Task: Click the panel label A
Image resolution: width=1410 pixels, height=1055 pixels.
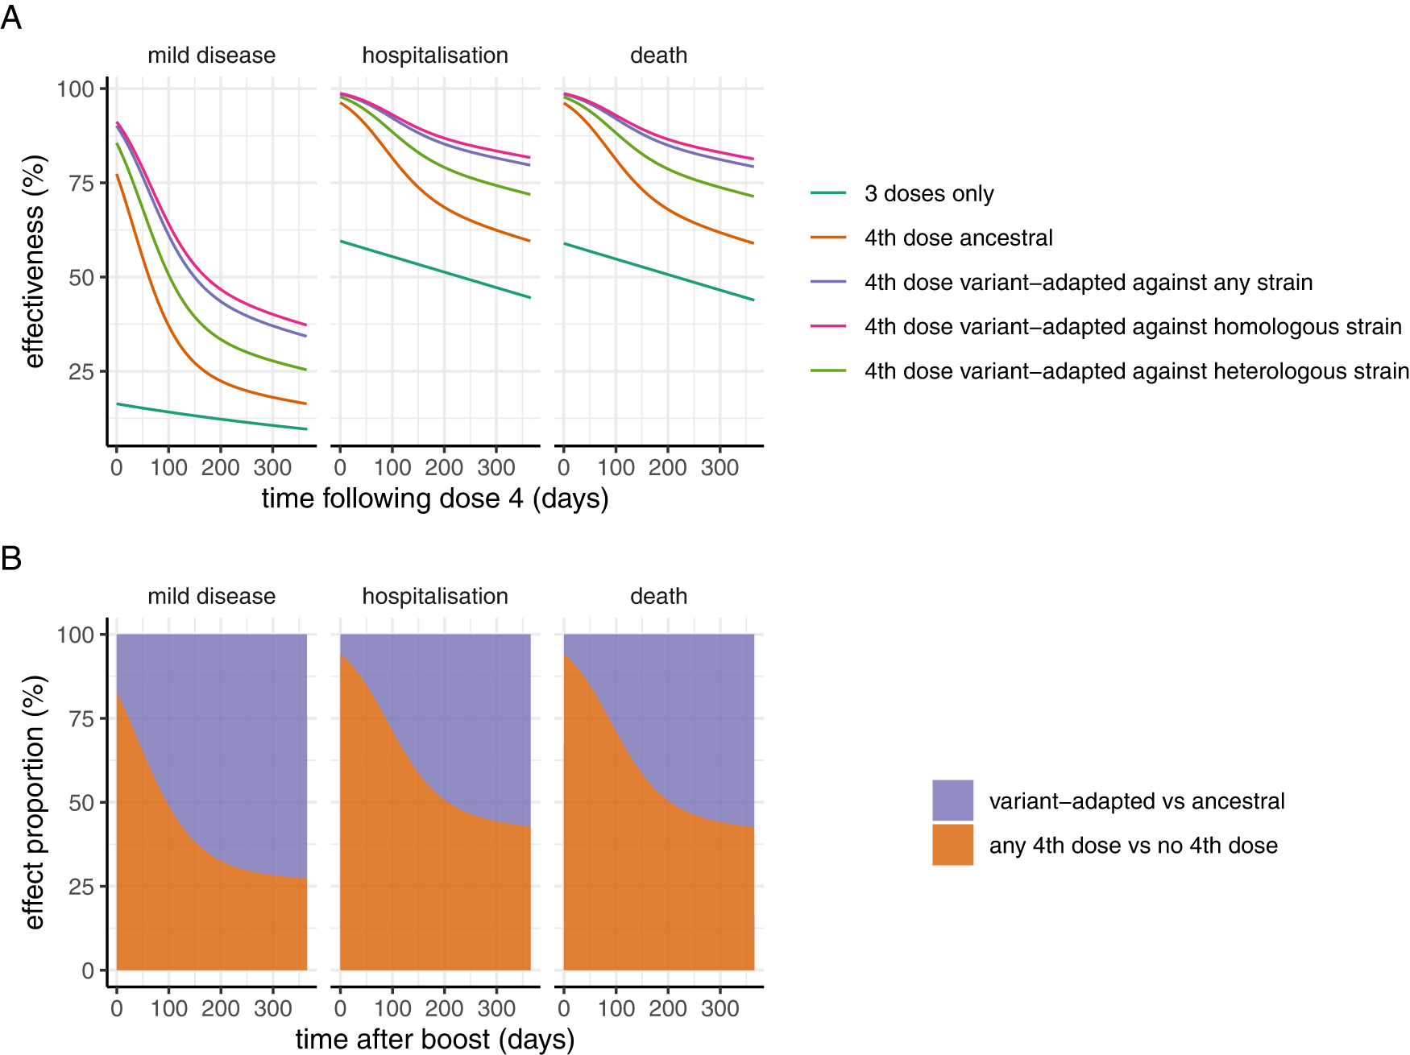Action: pyautogui.click(x=11, y=17)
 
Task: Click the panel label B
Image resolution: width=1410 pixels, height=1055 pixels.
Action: pyautogui.click(x=11, y=558)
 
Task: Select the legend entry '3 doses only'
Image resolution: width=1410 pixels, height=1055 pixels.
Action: pyautogui.click(x=928, y=194)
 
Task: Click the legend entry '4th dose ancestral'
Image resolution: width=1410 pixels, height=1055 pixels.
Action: pyautogui.click(x=958, y=238)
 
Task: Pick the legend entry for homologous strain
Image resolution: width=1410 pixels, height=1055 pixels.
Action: pyautogui.click(x=1132, y=327)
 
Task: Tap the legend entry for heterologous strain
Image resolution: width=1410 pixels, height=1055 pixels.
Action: pyautogui.click(x=1136, y=371)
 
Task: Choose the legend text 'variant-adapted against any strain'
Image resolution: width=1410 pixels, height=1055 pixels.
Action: pyautogui.click(x=1088, y=283)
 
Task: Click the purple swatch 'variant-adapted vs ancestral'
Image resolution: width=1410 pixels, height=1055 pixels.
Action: pyautogui.click(x=952, y=800)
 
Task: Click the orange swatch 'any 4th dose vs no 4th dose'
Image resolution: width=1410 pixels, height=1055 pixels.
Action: pyautogui.click(x=952, y=844)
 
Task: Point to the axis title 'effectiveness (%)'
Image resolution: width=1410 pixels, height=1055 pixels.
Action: pyautogui.click(x=34, y=262)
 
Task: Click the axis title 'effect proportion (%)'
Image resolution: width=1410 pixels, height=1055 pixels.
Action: pyautogui.click(x=34, y=802)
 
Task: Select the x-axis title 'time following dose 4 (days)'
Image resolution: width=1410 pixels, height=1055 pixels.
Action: pyautogui.click(x=435, y=499)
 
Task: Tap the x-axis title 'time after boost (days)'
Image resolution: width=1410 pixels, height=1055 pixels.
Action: pyautogui.click(x=435, y=1039)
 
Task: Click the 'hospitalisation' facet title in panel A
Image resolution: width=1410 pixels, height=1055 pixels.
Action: pyautogui.click(x=435, y=56)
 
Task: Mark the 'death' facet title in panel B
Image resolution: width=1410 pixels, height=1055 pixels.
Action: pyautogui.click(x=658, y=597)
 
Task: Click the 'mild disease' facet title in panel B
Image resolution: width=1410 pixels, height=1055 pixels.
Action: pyautogui.click(x=211, y=597)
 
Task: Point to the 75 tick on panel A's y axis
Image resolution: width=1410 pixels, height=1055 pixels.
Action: pyautogui.click(x=81, y=184)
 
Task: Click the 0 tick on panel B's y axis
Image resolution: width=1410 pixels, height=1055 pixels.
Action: pyautogui.click(x=88, y=971)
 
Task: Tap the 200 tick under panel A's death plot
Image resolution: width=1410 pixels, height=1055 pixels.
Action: pyautogui.click(x=667, y=468)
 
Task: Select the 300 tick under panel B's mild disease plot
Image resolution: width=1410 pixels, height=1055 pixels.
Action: pyautogui.click(x=272, y=1009)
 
